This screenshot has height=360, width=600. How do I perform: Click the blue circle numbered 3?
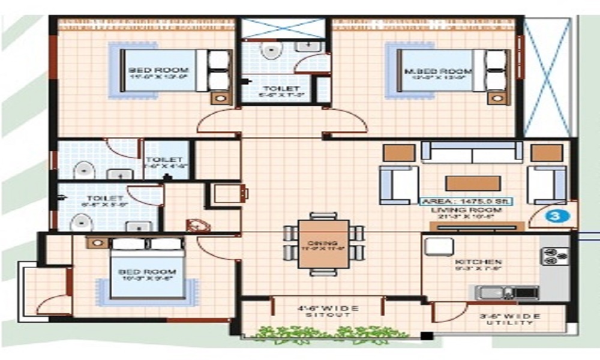click(551, 214)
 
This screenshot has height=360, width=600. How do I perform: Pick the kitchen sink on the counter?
click(493, 292)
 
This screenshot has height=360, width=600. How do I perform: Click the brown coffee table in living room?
click(472, 183)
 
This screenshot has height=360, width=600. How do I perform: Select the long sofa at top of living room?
click(472, 152)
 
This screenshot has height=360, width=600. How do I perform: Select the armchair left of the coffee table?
click(394, 185)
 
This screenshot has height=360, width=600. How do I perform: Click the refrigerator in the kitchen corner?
click(439, 246)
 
